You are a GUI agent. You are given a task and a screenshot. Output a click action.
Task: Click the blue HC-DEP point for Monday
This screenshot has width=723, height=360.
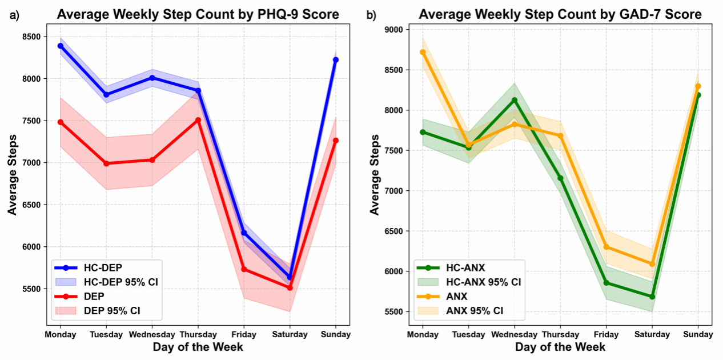point(61,46)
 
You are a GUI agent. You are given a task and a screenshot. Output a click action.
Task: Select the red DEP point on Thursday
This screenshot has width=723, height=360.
point(198,120)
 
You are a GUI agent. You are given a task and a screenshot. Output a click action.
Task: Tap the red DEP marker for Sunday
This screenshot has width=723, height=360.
point(336,141)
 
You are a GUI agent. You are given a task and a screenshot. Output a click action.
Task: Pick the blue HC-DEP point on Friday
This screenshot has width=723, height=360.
point(244,233)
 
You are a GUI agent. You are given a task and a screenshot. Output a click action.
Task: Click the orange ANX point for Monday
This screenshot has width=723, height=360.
point(423,52)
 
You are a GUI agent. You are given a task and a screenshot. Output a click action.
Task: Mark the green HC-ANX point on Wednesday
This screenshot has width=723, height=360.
point(515,100)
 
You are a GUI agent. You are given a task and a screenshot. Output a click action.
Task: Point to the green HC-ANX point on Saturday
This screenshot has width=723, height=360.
point(652,297)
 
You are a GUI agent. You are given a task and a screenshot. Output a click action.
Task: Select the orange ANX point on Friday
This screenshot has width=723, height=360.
point(606,247)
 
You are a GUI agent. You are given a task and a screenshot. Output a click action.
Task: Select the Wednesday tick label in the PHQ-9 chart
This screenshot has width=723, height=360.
point(152,335)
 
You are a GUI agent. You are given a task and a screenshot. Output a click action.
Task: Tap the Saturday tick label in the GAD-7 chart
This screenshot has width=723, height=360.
point(652,335)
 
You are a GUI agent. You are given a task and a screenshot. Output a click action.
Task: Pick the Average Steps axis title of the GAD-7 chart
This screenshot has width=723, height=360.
point(375,174)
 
